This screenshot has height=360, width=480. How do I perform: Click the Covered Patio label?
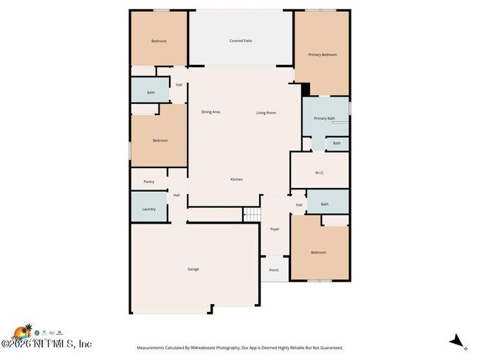pos(241,41)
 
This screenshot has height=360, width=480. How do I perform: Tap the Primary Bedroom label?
pos(322,55)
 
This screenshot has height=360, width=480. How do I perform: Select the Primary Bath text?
pos(324,118)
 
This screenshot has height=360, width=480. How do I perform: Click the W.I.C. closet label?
pos(320,173)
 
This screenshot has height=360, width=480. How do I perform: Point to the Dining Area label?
pos(210,112)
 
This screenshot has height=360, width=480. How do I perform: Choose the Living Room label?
pos(266,112)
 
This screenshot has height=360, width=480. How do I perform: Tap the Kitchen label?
pos(236,179)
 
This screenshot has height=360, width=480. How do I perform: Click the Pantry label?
pos(148,181)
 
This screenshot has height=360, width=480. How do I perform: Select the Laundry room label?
pos(148,210)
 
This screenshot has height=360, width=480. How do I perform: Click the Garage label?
pos(193,269)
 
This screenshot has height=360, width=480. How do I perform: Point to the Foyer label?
pos(275,229)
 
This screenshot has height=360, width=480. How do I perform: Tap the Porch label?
pos(274,270)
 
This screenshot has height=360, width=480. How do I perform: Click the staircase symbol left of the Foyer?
pos(253,214)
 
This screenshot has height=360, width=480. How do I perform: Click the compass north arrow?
pos(458,342)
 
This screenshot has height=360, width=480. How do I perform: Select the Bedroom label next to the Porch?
pos(318,252)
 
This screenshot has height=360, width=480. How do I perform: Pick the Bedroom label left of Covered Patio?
pos(159,41)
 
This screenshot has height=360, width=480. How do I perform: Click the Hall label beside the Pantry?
pos(176,195)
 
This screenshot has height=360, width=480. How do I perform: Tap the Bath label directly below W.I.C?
pos(324,204)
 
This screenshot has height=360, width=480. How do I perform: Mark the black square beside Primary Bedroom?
pos(305,89)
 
